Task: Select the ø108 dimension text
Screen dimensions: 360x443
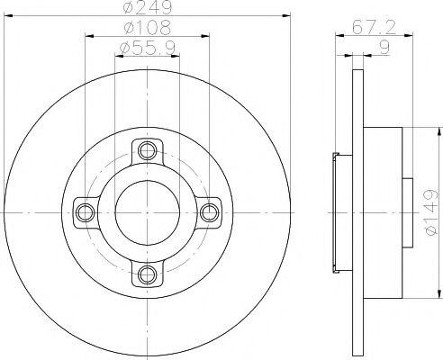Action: (148, 28)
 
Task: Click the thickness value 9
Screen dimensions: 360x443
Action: (384, 46)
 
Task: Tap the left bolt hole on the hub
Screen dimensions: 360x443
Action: (86, 211)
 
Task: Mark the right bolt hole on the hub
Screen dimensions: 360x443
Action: (210, 211)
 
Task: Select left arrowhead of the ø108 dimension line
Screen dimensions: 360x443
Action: (88, 36)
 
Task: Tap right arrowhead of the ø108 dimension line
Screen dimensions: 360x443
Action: (207, 36)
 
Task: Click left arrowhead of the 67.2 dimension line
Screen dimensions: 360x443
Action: (339, 36)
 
